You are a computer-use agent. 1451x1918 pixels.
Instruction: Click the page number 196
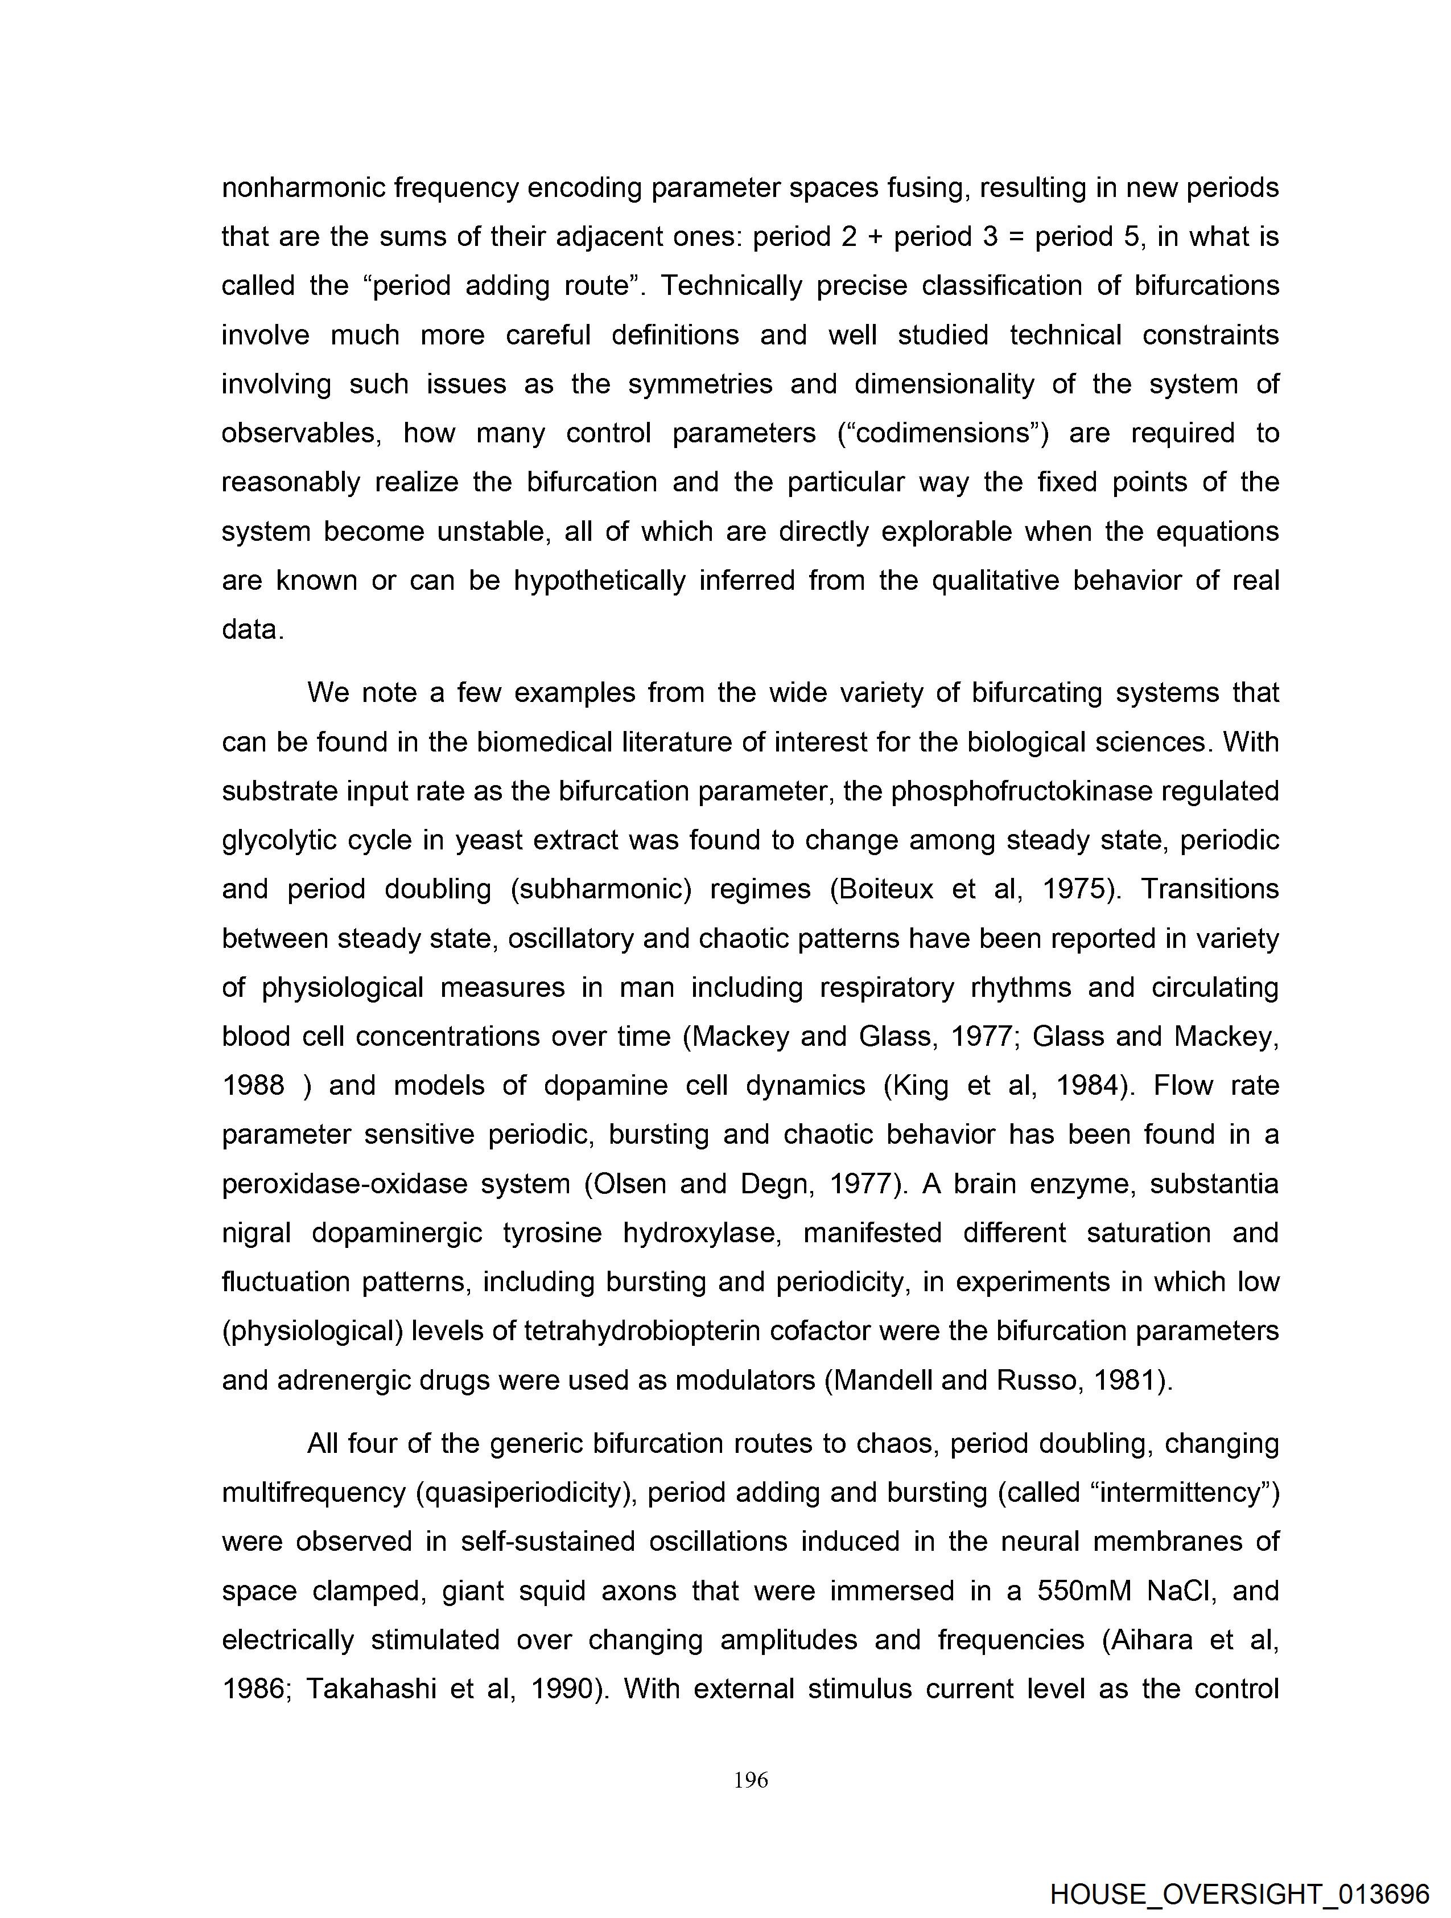[x=751, y=1780]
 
